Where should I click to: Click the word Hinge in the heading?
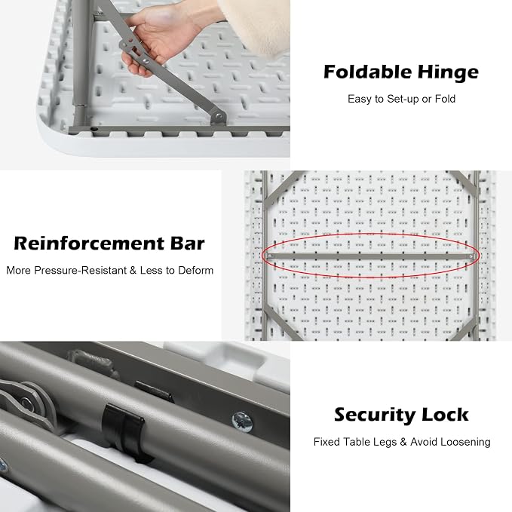pos(448,72)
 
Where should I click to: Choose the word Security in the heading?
pos(375,415)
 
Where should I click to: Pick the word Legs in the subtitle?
pos(385,443)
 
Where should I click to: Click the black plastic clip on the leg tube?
pos(124,431)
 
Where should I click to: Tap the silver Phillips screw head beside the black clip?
pos(242,422)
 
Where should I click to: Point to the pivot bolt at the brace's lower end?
pos(219,116)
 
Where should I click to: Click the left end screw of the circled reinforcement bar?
pos(269,256)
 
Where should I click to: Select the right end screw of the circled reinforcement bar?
pos(471,256)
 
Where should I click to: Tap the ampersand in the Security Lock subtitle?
pos(403,442)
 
